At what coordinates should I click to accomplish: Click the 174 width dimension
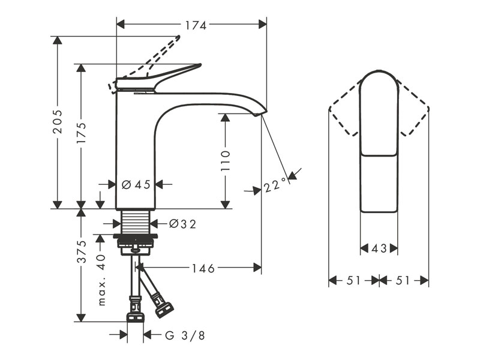pyautogui.click(x=195, y=25)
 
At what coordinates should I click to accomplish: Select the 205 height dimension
pyautogui.click(x=58, y=123)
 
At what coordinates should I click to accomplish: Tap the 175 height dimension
pyautogui.click(x=82, y=138)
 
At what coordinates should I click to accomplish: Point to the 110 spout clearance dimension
pyautogui.click(x=225, y=161)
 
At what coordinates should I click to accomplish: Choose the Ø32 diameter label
pyautogui.click(x=182, y=224)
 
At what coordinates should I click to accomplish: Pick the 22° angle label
pyautogui.click(x=273, y=187)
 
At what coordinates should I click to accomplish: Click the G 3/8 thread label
pyautogui.click(x=185, y=335)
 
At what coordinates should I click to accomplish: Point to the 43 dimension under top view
pyautogui.click(x=379, y=248)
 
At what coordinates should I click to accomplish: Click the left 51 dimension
pyautogui.click(x=354, y=280)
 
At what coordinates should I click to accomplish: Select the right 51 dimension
pyautogui.click(x=404, y=280)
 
